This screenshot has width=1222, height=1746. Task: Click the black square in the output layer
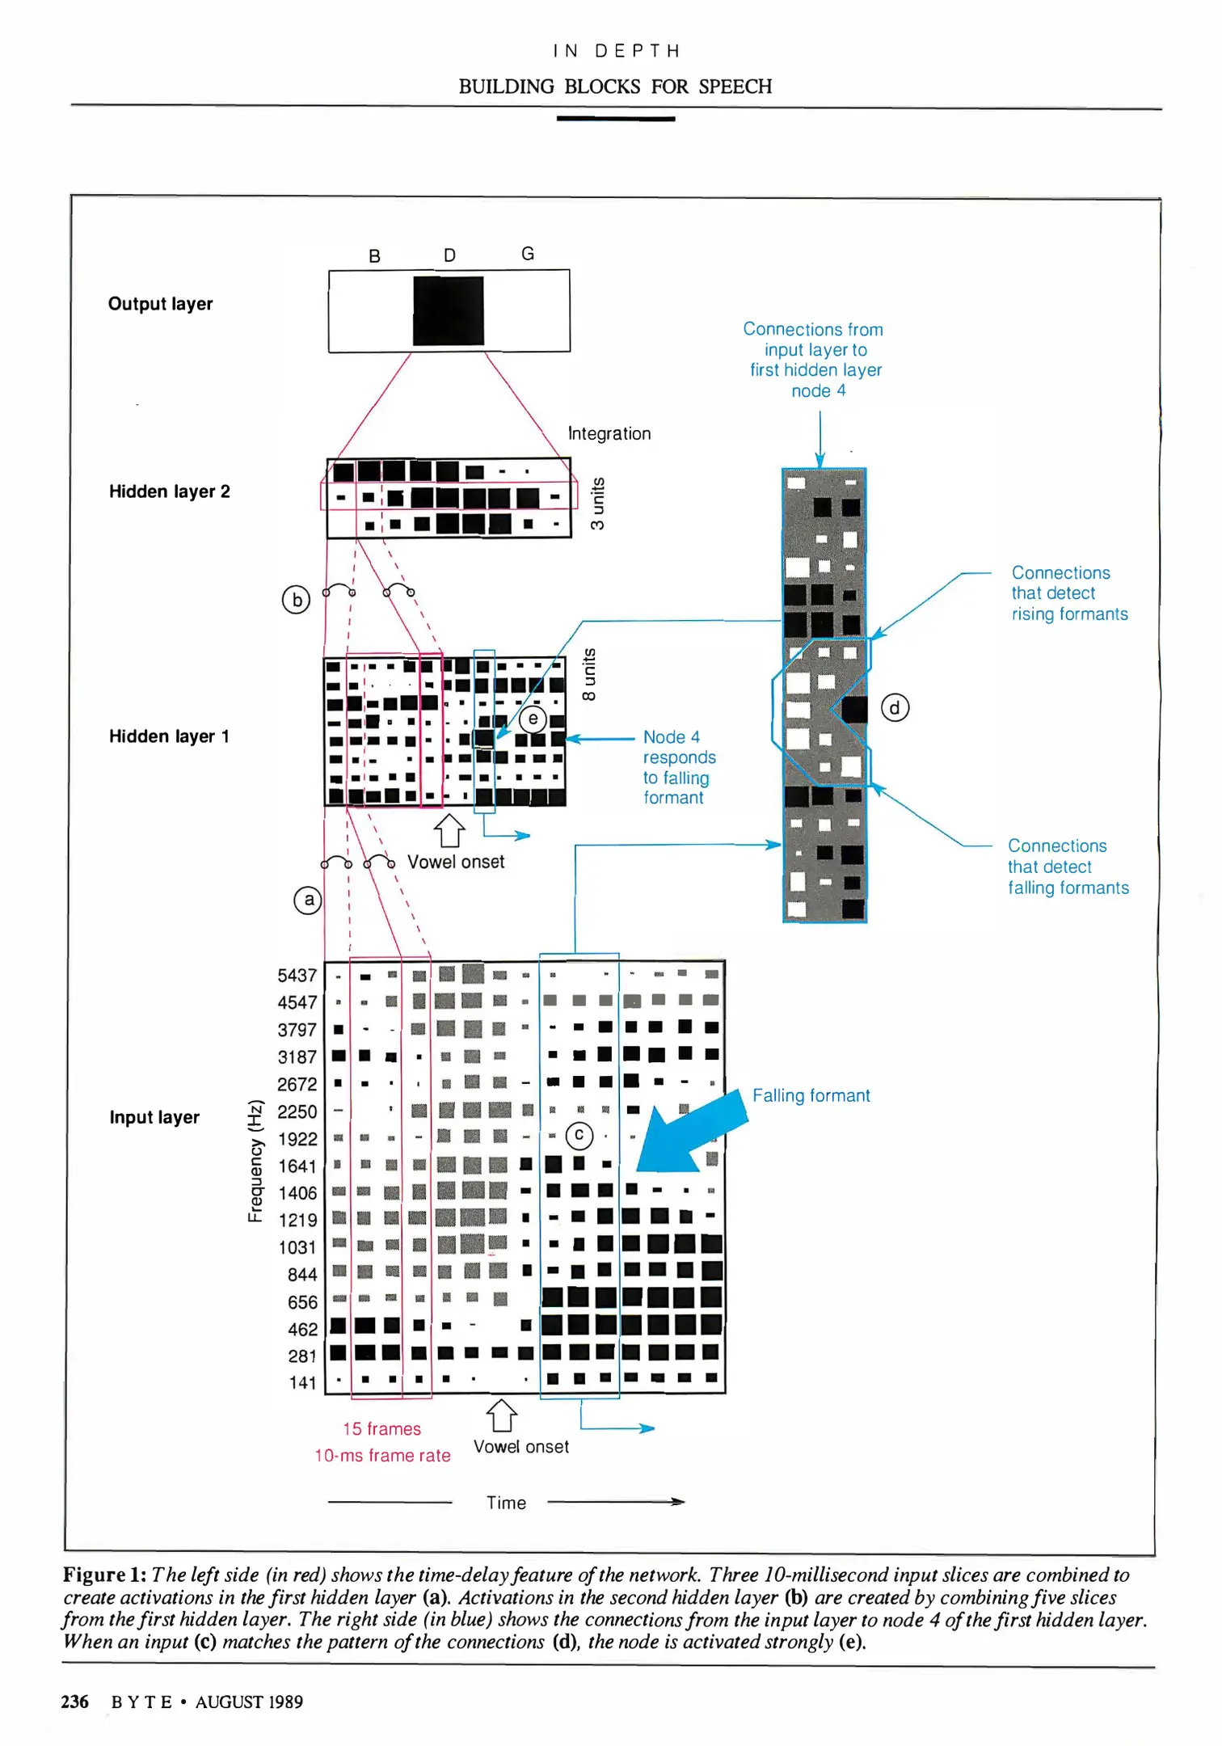point(449,311)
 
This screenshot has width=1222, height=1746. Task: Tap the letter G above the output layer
point(528,254)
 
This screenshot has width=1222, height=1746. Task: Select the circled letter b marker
point(297,600)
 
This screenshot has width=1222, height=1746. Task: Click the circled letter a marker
point(308,900)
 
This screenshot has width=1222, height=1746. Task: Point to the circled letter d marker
point(895,708)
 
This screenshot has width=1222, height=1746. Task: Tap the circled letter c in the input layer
point(579,1136)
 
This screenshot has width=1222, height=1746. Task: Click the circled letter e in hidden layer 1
point(533,718)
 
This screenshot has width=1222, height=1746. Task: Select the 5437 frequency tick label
point(297,976)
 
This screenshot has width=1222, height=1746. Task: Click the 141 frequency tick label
point(302,1383)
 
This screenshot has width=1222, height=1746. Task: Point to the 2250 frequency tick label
point(297,1111)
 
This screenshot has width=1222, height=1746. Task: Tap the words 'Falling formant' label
point(811,1095)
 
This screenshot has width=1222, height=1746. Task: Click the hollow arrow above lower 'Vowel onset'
point(501,1415)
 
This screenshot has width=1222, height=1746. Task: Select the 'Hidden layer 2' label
point(170,491)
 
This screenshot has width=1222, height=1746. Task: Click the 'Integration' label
point(609,433)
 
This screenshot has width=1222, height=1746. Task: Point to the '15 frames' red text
point(381,1428)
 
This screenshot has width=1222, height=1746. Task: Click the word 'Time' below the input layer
point(506,1503)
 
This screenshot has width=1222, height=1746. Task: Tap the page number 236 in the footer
point(74,1702)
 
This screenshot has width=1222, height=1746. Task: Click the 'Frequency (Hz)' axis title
point(255,1161)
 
